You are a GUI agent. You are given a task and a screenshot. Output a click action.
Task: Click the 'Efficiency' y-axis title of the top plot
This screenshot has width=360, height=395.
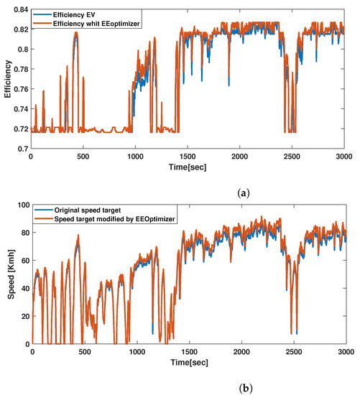(6, 78)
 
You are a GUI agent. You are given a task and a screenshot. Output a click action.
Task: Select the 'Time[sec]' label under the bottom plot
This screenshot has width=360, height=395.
(188, 363)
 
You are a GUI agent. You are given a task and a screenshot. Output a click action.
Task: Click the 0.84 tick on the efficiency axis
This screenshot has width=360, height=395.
(19, 9)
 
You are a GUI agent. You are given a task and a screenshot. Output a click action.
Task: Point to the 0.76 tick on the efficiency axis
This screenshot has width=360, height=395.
(19, 89)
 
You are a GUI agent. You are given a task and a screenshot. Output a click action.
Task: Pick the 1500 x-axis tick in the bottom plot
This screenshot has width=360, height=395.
(188, 353)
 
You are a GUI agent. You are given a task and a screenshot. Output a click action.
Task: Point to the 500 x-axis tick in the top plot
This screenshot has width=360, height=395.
(84, 156)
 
